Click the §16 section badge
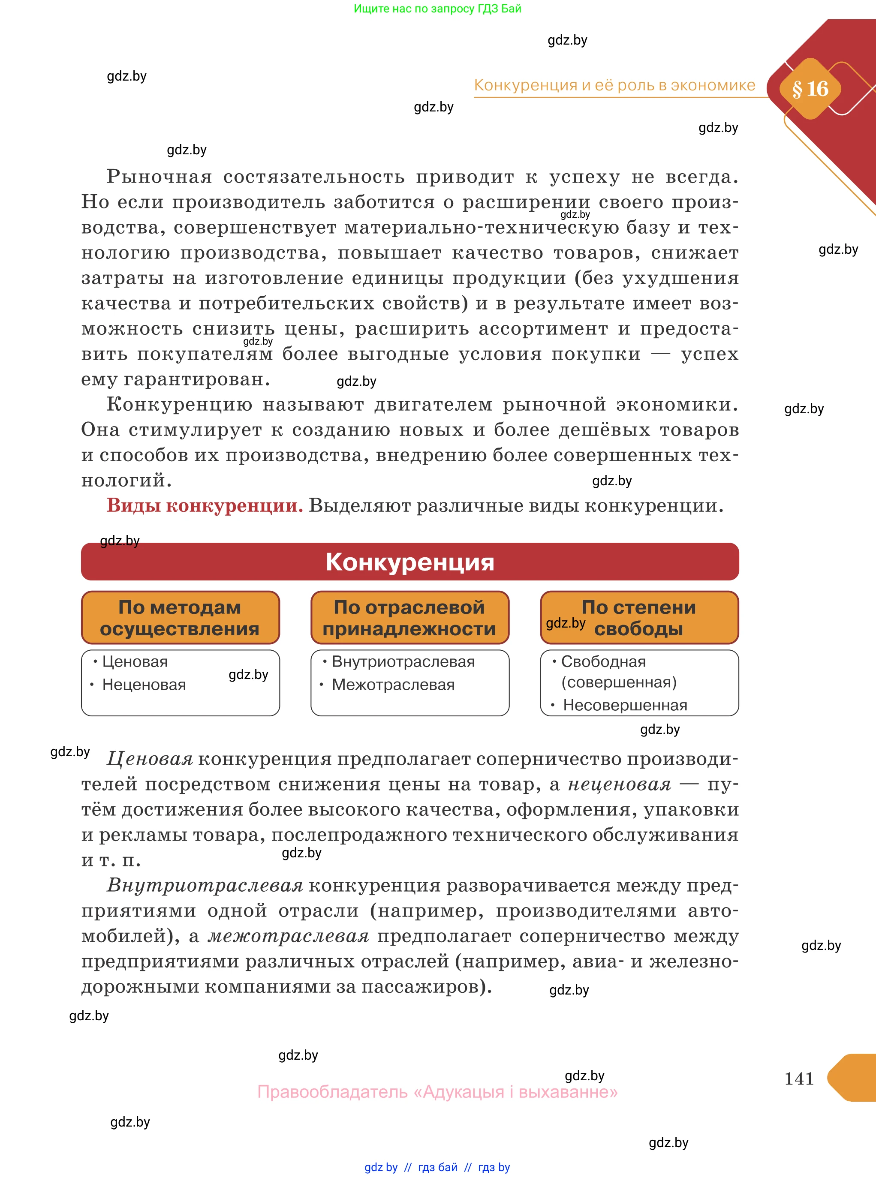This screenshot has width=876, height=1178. coord(810,89)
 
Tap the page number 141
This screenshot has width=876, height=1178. coord(798,1078)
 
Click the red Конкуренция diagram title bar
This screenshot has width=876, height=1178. coord(410,562)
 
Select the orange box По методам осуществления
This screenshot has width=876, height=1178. coord(180,618)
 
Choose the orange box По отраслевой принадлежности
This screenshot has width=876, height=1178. coord(409,618)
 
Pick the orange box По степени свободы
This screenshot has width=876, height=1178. coord(639,618)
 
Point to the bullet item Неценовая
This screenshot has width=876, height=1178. coord(144,685)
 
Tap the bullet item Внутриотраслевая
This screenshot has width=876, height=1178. coord(403,661)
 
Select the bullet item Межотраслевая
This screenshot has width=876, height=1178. coord(393,685)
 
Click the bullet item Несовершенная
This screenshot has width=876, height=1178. coord(625,705)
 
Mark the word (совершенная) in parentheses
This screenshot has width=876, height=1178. coord(619,682)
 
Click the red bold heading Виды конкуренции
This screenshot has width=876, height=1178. coord(205,506)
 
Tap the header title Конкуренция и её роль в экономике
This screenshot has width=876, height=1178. coord(614,85)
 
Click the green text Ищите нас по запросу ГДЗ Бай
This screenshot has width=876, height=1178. coord(437,9)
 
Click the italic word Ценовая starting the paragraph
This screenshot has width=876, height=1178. coord(150,759)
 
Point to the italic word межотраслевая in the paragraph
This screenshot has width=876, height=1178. coord(288,936)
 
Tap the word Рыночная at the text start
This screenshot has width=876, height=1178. coord(159,177)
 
